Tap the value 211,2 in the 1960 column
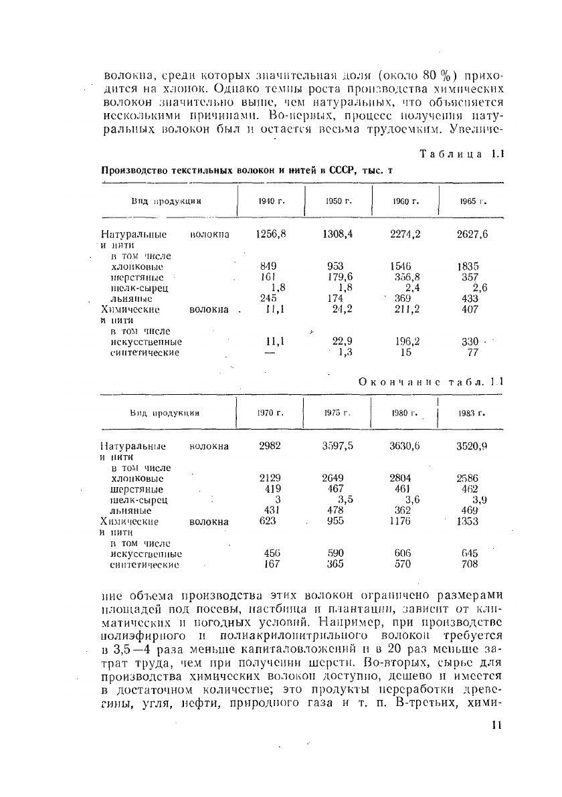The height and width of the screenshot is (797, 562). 407,309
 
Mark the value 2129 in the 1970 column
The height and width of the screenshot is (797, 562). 270,478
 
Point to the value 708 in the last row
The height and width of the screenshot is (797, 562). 470,564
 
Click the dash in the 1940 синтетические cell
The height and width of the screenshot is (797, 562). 270,353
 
